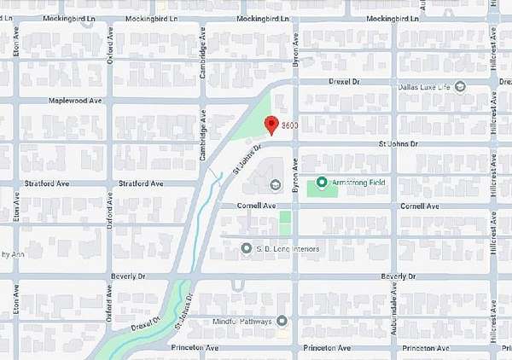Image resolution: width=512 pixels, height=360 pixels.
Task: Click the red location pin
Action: click(271, 125)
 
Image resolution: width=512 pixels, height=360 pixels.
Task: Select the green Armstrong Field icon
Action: click(321, 182)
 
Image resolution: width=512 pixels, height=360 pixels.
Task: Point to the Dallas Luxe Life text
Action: click(425, 86)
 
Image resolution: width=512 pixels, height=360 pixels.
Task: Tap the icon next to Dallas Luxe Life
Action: click(460, 86)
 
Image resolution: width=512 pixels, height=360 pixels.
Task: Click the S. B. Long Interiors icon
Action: click(246, 249)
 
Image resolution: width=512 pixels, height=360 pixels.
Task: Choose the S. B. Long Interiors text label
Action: click(288, 249)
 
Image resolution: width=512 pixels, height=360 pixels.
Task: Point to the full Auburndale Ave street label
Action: click(395, 311)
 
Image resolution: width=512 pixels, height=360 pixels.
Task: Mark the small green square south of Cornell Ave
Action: click(285, 224)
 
